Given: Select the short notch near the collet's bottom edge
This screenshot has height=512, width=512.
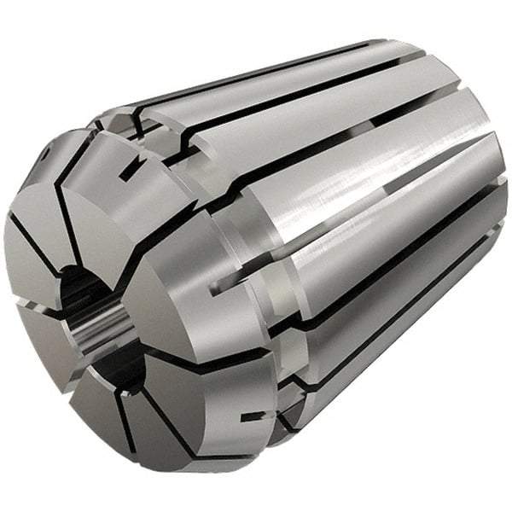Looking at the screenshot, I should tap(250, 417).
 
